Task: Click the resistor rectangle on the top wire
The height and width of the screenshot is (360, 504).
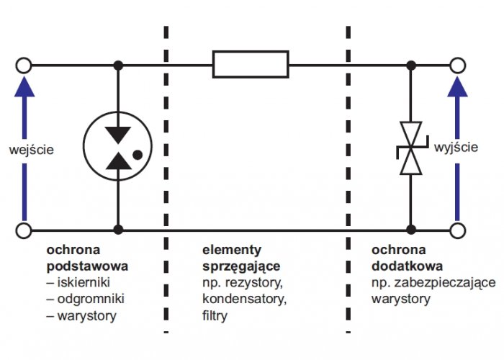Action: point(251,51)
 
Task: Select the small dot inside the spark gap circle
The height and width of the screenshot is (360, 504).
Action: point(138,156)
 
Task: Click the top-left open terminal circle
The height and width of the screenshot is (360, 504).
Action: point(24,58)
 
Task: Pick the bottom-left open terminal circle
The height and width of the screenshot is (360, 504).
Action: point(24,222)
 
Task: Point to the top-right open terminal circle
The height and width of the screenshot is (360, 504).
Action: point(457,58)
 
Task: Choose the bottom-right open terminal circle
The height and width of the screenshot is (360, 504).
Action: point(457,222)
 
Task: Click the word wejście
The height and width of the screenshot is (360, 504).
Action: point(31,150)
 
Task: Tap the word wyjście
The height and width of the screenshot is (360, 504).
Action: point(456,147)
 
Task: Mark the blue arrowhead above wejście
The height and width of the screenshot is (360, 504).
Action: point(24,86)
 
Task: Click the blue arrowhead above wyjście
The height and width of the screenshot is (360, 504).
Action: point(457,86)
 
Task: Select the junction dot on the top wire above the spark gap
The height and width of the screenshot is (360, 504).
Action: point(118,66)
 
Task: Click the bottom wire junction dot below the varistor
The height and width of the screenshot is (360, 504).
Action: point(411,230)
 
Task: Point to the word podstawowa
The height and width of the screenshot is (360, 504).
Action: point(87,266)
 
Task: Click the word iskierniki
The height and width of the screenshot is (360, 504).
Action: point(84,282)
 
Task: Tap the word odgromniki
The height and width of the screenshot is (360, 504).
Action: point(91,299)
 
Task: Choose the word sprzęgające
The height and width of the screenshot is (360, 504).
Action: point(241,266)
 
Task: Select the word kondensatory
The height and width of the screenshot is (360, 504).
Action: point(244,299)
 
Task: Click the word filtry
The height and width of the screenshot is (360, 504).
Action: point(215,315)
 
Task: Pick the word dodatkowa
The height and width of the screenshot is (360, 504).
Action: point(407,266)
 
